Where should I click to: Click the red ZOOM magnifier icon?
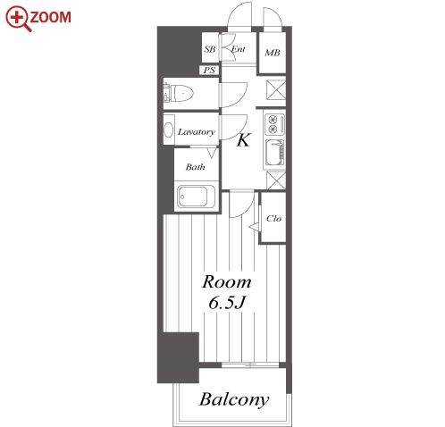[18, 19]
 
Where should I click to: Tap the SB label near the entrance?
[210, 49]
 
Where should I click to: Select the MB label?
[273, 53]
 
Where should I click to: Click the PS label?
[209, 71]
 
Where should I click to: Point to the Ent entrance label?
[239, 49]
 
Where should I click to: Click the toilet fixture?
[178, 93]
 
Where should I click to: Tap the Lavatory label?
[197, 132]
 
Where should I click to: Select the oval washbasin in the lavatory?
[169, 130]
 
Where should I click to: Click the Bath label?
[195, 167]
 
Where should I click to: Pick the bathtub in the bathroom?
[196, 197]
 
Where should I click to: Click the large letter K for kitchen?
[243, 140]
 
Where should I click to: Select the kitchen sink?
[274, 153]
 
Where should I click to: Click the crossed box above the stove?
[275, 89]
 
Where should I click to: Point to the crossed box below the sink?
[276, 180]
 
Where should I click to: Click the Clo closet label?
[273, 219]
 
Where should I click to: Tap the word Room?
[227, 282]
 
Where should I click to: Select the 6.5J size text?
[227, 303]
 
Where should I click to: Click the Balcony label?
[234, 399]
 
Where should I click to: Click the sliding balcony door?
[250, 364]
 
